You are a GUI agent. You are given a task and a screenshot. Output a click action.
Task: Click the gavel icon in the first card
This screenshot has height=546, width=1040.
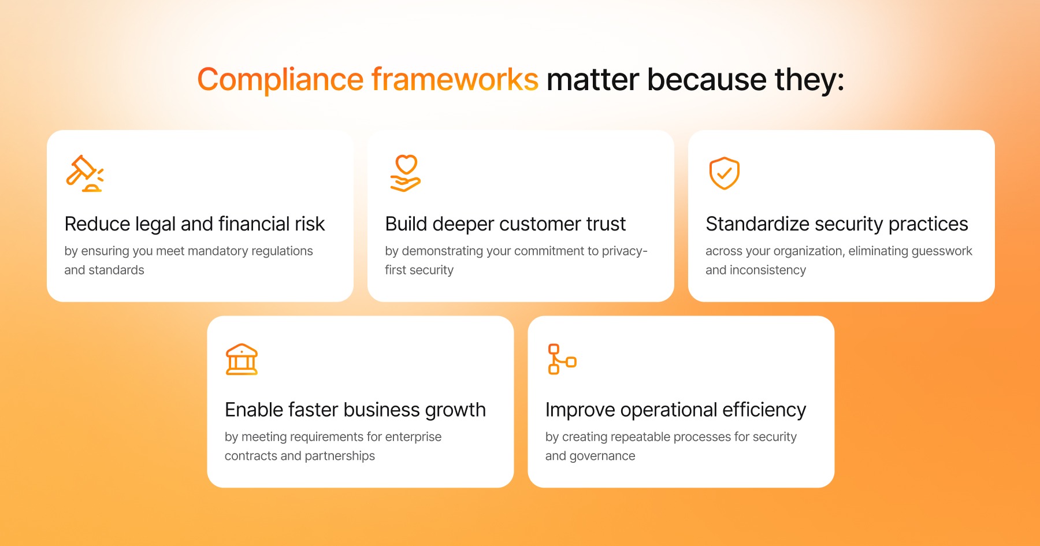point(84,173)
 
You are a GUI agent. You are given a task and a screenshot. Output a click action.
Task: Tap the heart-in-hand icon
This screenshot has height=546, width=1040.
point(406,173)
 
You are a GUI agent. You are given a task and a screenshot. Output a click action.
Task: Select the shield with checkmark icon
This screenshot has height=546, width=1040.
point(724,173)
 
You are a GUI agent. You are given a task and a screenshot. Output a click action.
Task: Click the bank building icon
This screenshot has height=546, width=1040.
point(242,359)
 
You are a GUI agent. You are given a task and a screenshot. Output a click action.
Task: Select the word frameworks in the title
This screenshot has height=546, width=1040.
point(455,80)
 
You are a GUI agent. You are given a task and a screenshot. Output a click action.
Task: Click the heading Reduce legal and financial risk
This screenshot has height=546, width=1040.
point(195,224)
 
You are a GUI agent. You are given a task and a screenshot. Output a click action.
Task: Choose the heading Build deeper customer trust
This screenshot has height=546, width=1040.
point(506,224)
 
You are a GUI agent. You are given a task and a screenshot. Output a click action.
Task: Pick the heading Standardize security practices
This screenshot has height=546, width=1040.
point(837,224)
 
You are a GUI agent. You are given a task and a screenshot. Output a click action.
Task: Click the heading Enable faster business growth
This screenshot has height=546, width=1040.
point(355,410)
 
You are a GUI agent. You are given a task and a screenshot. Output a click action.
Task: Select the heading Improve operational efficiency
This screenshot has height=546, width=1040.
point(675,410)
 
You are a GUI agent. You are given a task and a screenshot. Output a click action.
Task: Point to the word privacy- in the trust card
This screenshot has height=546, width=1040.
point(625,251)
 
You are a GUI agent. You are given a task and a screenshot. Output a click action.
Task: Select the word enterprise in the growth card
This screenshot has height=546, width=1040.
point(413,437)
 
